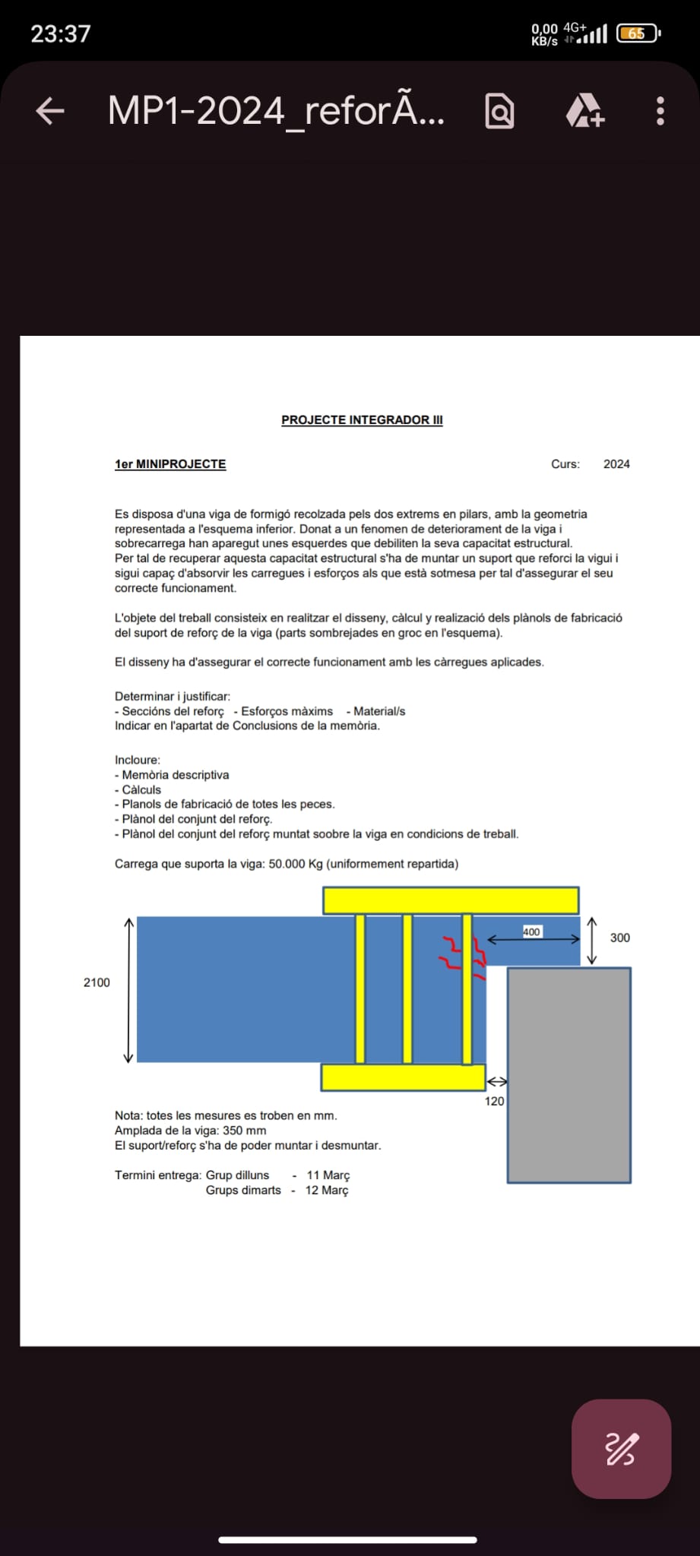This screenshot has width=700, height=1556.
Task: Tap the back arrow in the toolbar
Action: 50,111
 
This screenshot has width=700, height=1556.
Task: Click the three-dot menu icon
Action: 660,111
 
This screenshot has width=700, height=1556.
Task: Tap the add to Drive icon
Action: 584,111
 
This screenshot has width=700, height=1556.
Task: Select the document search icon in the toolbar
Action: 499,112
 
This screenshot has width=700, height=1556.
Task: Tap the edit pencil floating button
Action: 621,1448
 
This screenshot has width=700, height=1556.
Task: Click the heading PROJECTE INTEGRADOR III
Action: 362,419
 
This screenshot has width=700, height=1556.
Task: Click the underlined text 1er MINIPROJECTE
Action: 170,464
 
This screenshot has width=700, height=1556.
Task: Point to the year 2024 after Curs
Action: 616,464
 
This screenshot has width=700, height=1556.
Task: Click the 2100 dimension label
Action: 97,982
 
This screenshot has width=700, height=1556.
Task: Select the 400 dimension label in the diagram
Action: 531,931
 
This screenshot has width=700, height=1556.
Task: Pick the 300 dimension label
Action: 619,938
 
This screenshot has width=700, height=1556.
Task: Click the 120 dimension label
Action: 494,1101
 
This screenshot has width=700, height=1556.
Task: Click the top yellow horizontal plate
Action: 450,900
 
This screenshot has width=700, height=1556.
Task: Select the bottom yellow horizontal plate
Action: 403,1077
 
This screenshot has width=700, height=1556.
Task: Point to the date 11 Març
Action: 328,1175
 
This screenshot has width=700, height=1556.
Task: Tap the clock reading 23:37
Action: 61,33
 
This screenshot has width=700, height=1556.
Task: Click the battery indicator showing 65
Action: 637,33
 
